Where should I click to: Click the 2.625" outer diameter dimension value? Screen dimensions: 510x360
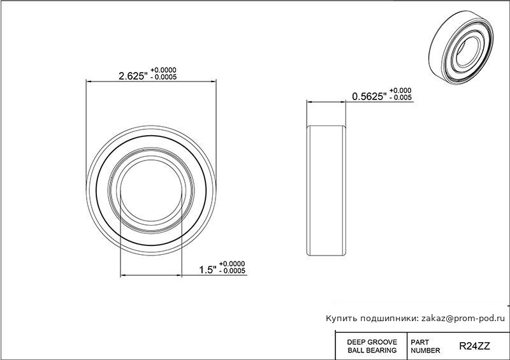133,76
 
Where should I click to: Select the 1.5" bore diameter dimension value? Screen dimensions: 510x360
208,270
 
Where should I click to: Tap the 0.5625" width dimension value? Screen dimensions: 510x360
370,97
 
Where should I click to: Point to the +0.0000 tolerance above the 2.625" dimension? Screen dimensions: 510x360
163,70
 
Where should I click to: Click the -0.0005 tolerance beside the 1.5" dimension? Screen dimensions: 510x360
232,271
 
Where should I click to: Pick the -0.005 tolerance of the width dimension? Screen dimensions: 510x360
400,97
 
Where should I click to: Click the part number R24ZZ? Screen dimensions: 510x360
474,346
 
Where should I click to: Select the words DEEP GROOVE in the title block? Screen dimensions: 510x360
372,342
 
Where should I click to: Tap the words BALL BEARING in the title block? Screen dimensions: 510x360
372,350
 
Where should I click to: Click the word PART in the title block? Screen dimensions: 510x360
420,342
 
